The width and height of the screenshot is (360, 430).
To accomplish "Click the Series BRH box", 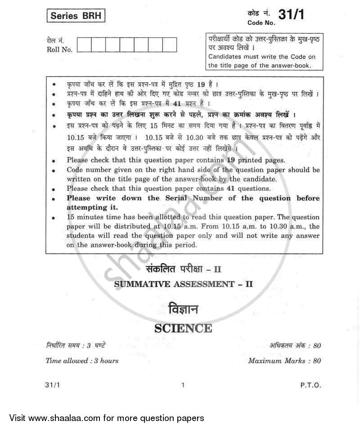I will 75,17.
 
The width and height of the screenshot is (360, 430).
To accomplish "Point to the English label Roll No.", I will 59,50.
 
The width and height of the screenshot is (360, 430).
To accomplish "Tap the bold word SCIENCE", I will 183,328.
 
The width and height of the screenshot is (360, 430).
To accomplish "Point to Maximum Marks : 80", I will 284,361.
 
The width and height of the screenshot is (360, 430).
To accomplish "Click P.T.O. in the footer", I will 310,385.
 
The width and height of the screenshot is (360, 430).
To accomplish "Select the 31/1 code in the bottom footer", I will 53,385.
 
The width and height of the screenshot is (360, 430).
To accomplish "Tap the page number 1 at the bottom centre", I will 182,385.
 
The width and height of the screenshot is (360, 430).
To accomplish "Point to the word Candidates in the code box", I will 227,57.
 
